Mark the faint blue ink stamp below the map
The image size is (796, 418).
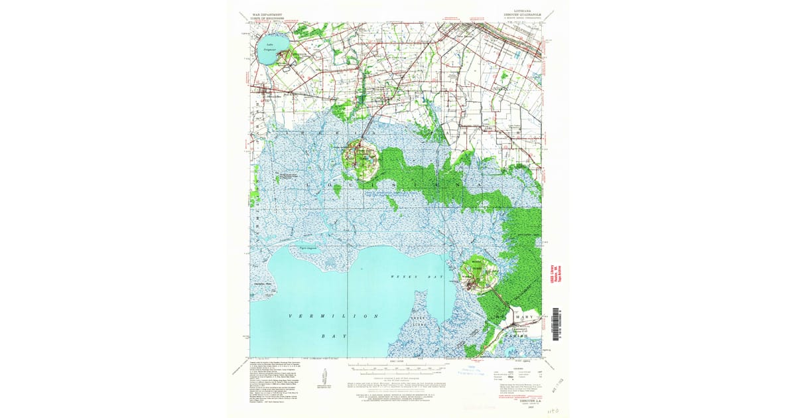(x=475, y=369)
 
